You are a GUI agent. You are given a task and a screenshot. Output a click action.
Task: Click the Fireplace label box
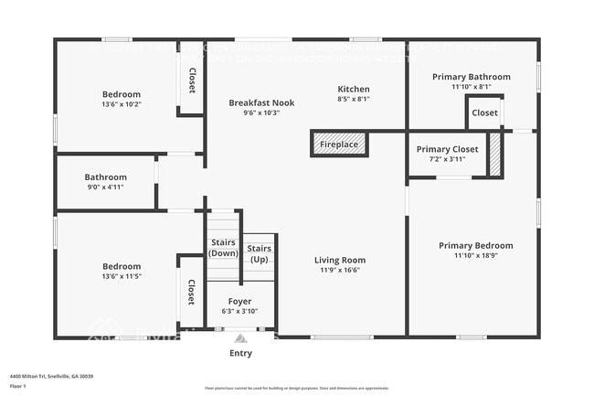(x=340, y=144)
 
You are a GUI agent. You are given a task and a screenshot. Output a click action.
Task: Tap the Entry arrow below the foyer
(x=240, y=338)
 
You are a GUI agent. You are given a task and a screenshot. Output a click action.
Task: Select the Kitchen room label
(x=353, y=89)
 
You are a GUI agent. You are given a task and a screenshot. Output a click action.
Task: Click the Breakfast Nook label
(x=260, y=102)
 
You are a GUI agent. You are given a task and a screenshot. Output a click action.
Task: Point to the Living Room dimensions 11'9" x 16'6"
(x=340, y=270)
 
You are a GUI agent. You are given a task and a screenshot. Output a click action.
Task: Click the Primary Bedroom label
(x=475, y=245)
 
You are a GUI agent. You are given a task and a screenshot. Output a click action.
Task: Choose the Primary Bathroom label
(x=471, y=77)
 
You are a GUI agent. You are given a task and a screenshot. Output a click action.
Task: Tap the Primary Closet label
(x=447, y=149)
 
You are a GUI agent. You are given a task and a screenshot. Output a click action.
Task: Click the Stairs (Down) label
(x=223, y=247)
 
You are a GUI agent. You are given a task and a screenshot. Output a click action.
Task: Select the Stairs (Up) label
(x=260, y=253)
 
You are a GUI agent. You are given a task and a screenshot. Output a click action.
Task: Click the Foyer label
(x=239, y=300)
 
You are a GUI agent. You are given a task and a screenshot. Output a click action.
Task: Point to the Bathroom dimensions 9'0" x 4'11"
(x=105, y=187)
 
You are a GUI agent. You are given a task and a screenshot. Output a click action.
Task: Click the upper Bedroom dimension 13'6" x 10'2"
(x=121, y=104)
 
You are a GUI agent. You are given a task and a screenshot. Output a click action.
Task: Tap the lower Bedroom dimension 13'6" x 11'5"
(x=121, y=276)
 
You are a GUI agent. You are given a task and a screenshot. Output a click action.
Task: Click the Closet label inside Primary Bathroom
(x=484, y=113)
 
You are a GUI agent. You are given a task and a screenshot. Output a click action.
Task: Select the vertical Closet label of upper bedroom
(x=192, y=80)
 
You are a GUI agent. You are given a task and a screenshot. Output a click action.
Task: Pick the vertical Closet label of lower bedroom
(x=191, y=293)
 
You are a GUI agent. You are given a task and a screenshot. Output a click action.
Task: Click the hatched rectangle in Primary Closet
(x=495, y=154)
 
